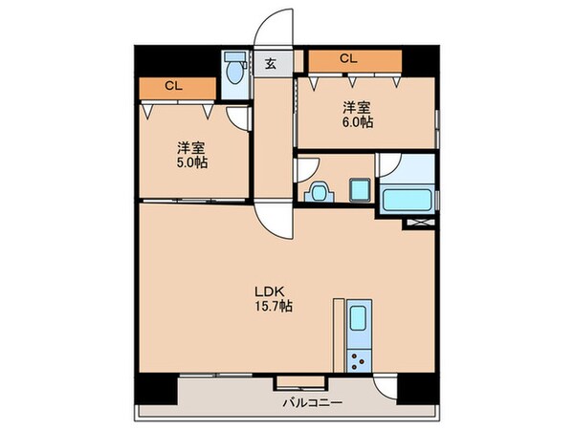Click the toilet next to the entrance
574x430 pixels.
[x=234, y=70]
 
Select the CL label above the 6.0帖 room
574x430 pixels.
[x=348, y=59]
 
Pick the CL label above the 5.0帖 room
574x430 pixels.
[x=173, y=86]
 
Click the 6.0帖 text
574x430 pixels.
[x=361, y=121]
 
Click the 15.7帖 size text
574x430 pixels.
[x=273, y=307]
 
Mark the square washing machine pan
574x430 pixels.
[x=358, y=190]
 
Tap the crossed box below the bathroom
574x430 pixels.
[x=419, y=223]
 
